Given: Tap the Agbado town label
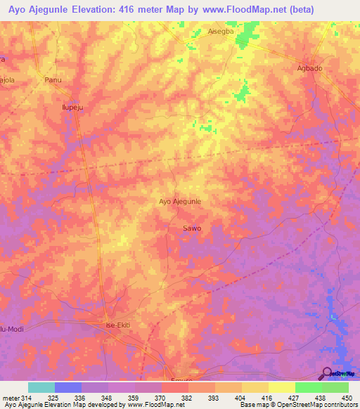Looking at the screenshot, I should tap(309, 68).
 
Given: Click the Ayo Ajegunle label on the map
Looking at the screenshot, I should tap(180, 201).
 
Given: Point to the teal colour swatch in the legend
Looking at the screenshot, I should tap(41, 387).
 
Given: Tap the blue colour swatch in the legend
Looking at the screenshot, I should tap(67, 387).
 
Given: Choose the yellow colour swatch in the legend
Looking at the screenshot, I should tap(281, 387).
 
